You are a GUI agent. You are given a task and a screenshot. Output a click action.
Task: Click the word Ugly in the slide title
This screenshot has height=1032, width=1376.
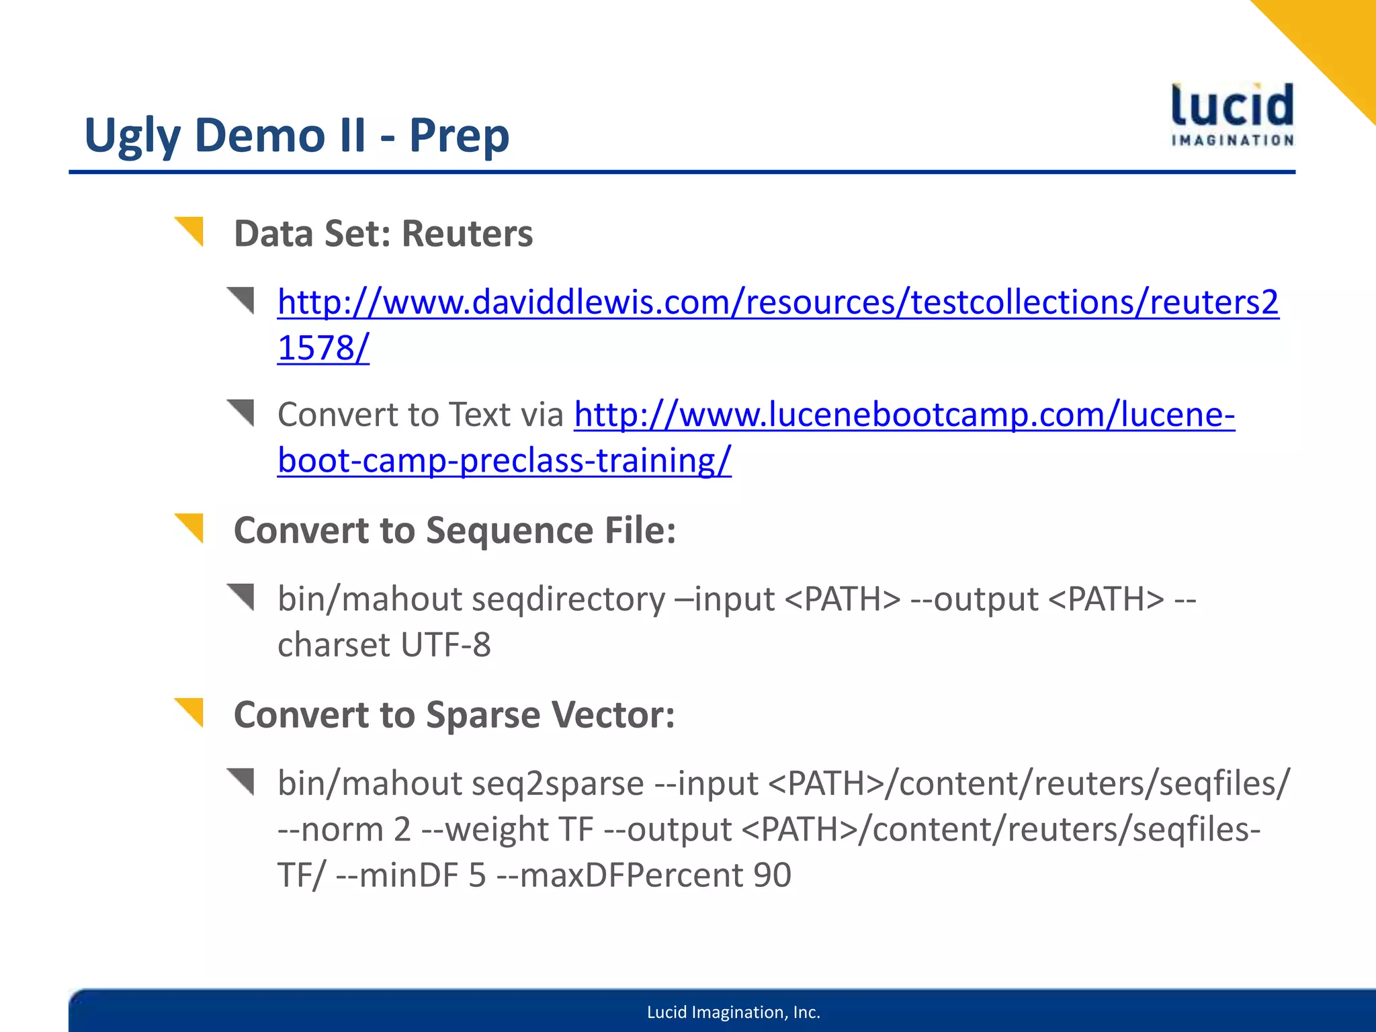(132, 136)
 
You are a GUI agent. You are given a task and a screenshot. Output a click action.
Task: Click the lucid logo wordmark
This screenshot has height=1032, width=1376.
(1232, 105)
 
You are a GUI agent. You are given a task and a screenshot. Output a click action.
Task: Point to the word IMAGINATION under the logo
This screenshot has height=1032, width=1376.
(1232, 140)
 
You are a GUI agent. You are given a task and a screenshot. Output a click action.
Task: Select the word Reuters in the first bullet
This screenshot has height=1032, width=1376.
(467, 234)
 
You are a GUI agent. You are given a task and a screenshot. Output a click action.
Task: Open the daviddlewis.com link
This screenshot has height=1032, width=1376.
(777, 302)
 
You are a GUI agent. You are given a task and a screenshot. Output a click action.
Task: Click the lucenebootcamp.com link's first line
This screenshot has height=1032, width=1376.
(904, 415)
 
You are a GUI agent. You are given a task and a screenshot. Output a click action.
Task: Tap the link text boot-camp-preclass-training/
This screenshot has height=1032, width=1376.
(504, 461)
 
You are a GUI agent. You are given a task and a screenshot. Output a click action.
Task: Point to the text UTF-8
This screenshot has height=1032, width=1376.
(445, 645)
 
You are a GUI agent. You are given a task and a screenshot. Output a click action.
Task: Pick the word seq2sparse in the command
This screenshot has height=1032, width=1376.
(557, 783)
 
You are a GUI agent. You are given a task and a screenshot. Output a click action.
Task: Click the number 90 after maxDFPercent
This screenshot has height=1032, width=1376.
(772, 875)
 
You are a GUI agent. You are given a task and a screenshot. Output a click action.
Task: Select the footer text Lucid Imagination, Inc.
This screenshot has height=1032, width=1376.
(733, 1013)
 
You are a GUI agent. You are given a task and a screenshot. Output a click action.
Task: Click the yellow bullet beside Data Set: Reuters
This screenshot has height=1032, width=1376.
(189, 230)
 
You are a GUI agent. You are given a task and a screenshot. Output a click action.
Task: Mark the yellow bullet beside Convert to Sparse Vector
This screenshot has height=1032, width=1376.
(189, 712)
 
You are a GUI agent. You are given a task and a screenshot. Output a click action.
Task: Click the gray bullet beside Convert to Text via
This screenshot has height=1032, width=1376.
(241, 411)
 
